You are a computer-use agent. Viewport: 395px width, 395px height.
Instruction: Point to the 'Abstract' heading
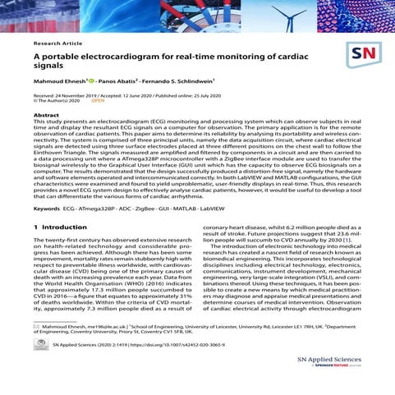[x=47, y=117]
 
